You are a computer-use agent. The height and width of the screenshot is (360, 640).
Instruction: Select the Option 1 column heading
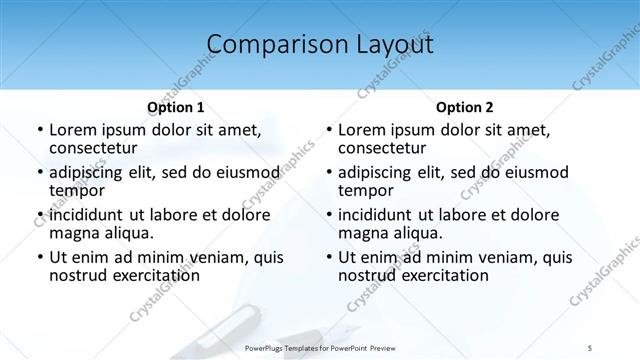click(175, 107)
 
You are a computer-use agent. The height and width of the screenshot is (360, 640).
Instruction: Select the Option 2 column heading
click(464, 107)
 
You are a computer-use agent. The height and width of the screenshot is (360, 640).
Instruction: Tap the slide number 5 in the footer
click(590, 348)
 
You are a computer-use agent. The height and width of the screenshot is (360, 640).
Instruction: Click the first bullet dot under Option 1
click(39, 131)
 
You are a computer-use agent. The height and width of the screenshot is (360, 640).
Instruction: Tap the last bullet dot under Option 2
click(328, 258)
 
